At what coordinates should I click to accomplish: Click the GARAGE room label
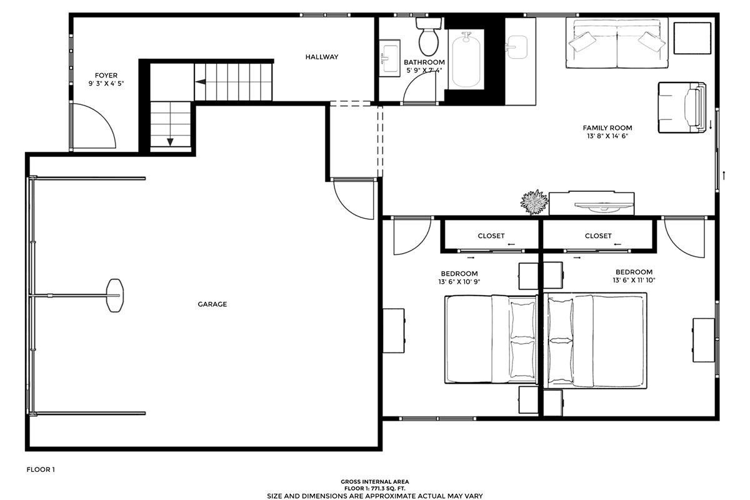212,304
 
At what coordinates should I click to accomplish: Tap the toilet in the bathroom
429,36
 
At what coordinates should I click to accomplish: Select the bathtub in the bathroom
466,60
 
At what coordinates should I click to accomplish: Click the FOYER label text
106,76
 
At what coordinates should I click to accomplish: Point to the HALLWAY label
322,57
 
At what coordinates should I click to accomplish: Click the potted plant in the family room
534,202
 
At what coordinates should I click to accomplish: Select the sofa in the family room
617,43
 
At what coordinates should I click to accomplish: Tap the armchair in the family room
682,107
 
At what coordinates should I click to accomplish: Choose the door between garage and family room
354,199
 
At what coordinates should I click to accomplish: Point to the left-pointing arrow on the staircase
200,82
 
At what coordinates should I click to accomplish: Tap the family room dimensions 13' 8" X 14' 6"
607,136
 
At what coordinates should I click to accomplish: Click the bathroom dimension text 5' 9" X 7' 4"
424,71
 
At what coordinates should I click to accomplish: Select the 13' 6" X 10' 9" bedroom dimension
459,282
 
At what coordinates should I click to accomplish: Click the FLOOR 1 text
41,469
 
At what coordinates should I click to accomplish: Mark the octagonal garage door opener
115,296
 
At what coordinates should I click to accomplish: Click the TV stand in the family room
591,203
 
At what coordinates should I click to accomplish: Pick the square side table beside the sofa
692,38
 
